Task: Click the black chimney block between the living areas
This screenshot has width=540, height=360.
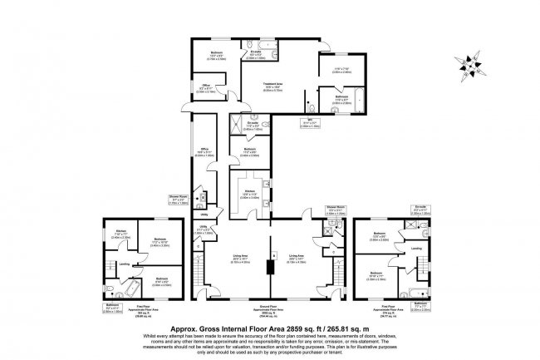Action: coord(268,266)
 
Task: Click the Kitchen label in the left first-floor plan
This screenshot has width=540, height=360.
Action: coord(120,232)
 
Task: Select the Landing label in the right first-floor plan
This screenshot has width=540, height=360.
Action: coord(415,249)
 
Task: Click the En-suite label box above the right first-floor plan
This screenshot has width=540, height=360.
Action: coord(420,211)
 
